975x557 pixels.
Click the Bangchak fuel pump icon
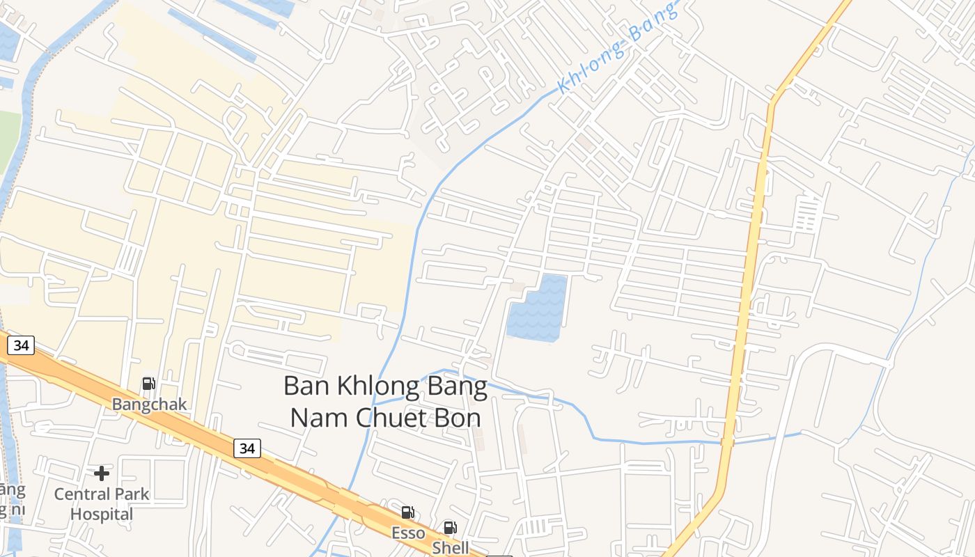[148, 384]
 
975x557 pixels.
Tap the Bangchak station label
[150, 405]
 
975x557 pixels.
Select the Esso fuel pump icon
[407, 513]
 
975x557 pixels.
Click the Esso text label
[408, 533]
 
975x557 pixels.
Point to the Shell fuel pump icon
[450, 528]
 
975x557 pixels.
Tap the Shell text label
[451, 547]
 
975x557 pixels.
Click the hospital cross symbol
[102, 474]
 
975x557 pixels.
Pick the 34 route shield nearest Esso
[247, 448]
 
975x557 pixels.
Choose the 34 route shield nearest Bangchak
[22, 345]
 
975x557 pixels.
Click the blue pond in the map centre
[536, 309]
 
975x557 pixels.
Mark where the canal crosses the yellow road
[727, 441]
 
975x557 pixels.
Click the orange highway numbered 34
[174, 418]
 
